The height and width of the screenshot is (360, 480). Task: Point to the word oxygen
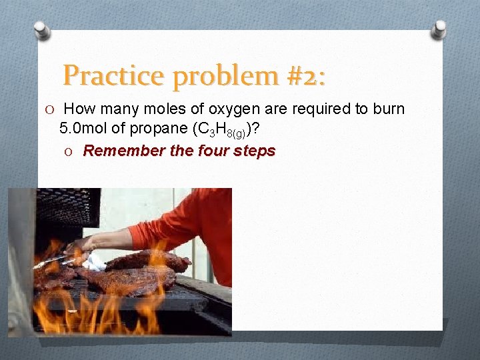[x=224, y=109]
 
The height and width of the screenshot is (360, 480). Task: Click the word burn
[x=389, y=109]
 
